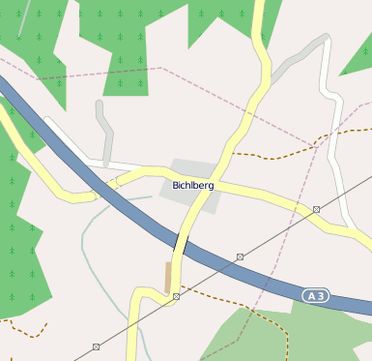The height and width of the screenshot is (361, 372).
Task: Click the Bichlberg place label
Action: [193, 184]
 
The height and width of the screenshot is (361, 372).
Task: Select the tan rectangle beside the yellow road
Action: [168, 276]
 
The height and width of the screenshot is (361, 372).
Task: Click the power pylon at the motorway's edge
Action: [240, 256]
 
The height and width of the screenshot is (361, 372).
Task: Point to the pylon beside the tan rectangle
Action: [176, 296]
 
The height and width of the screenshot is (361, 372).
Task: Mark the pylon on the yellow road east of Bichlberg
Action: [316, 209]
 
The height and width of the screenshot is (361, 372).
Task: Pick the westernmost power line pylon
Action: [96, 346]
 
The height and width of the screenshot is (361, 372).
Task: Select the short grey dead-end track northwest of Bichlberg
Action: [103, 131]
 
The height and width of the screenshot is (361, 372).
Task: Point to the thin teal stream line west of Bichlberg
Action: [92, 232]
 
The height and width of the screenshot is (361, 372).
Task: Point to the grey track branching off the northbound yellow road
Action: [290, 63]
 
